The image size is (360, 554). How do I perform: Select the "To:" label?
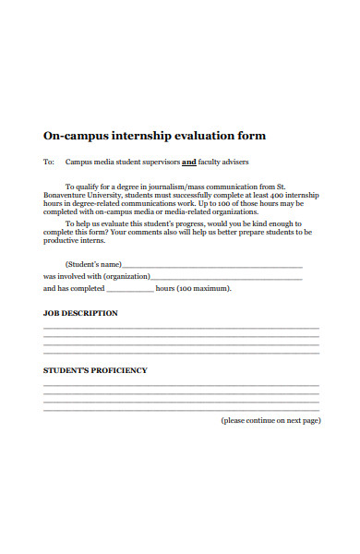click(49, 162)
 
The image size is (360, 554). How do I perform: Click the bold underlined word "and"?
click(188, 162)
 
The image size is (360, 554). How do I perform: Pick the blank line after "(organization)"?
click(225, 278)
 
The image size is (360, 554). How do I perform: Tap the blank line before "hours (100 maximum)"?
click(125, 290)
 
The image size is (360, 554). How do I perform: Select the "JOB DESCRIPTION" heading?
click(80, 313)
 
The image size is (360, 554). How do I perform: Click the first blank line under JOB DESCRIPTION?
click(181, 329)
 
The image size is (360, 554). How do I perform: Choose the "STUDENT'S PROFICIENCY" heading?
click(95, 370)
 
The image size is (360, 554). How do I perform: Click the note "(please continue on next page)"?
click(270, 420)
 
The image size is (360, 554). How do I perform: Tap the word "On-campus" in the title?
click(69, 136)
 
